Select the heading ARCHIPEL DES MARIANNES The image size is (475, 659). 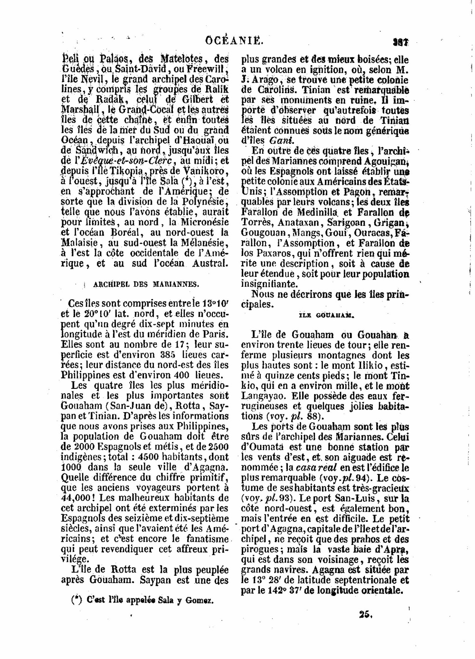(146, 284)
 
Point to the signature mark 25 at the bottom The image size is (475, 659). (365, 614)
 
